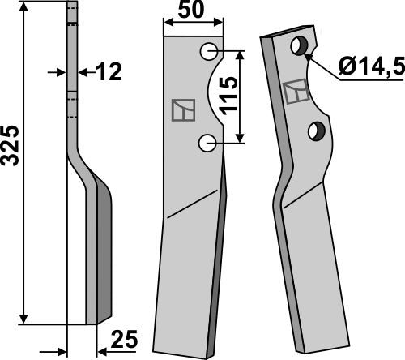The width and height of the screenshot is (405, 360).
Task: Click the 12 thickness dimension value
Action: coord(109,72)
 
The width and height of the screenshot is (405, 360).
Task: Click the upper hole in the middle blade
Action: coord(209,51)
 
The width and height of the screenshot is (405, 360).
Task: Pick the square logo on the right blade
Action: coord(295,92)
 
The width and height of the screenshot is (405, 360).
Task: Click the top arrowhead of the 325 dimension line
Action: coord(27,7)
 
